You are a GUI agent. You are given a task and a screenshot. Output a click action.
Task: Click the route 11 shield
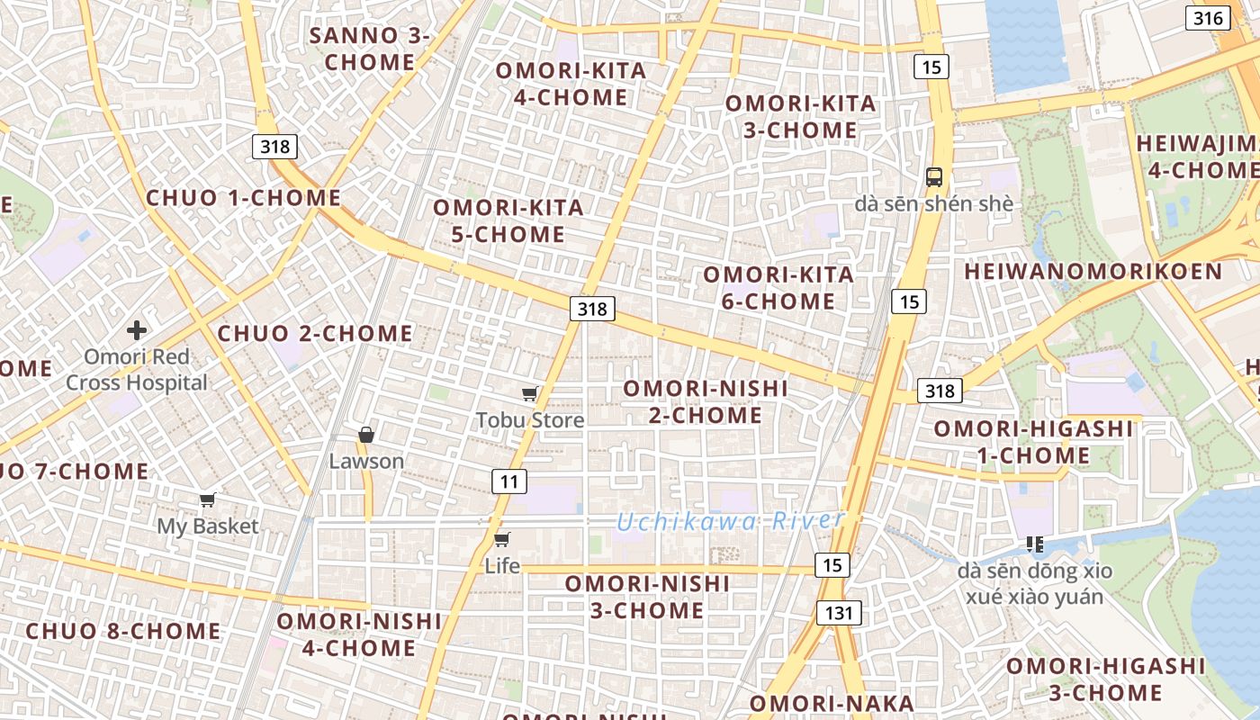pos(509,481)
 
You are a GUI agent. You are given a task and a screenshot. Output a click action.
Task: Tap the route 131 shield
pos(839,613)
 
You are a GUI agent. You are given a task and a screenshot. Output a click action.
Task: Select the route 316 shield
pos(1208,18)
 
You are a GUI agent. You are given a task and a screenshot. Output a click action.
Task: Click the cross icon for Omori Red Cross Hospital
pos(137,330)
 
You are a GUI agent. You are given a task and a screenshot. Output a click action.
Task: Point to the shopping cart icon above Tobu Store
pos(530,393)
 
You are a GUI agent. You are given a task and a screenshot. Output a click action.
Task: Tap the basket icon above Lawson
pos(366,435)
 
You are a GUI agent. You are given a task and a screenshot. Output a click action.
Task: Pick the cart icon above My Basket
pos(208,499)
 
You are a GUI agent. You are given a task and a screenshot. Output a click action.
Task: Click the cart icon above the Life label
pos(502,539)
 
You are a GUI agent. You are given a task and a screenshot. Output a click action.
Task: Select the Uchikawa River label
pos(731,521)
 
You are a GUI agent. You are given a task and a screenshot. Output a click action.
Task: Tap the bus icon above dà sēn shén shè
pos(934,176)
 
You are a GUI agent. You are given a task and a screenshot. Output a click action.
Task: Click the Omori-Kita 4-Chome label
pos(571,84)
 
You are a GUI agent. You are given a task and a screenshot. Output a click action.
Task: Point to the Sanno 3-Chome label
pos(370,49)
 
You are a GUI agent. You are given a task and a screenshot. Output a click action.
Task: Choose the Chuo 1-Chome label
pos(244,198)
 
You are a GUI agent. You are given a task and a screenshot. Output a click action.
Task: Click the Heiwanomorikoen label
pos(1093,272)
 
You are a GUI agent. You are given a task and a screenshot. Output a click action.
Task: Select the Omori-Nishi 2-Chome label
pos(706,401)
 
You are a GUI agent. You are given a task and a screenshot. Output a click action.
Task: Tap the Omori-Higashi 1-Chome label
pos(1033,442)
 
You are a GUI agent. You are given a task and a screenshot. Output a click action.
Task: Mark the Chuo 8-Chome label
pos(123,631)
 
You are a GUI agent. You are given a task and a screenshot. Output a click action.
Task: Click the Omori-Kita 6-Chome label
pos(778,288)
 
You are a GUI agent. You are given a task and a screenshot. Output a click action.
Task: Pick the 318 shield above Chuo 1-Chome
pos(274,146)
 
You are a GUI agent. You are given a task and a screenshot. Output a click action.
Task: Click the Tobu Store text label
pos(530,420)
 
